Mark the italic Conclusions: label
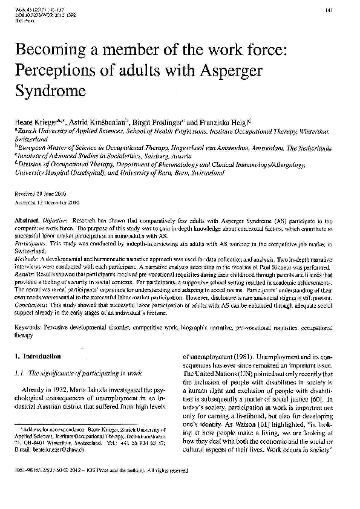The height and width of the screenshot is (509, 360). tap(31, 305)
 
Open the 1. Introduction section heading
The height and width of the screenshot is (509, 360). tap(39, 356)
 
